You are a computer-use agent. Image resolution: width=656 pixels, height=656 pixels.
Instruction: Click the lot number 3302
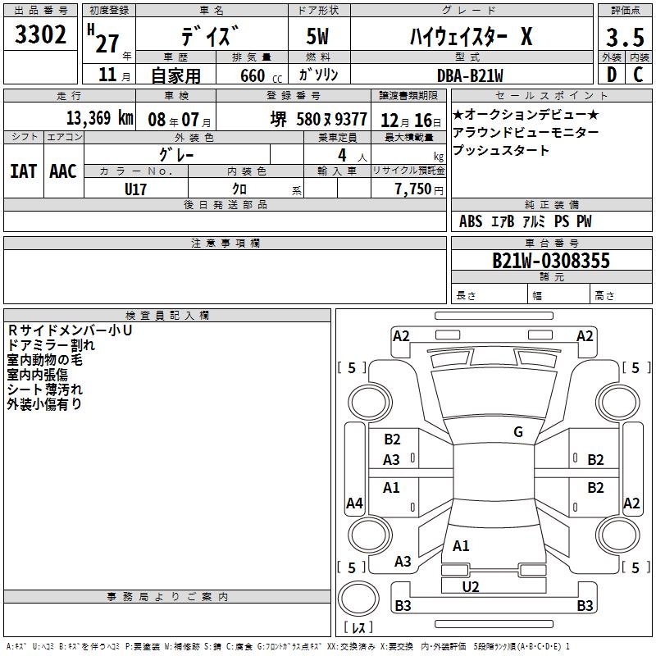coord(40,34)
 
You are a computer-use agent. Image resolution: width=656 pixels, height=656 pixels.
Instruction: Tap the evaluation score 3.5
coord(625,38)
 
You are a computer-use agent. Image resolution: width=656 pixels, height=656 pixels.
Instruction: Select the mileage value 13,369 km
coord(99,118)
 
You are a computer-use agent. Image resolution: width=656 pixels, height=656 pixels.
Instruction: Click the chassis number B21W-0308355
coord(551,260)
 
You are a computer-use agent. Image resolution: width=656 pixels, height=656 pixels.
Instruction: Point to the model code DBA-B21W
coord(470,75)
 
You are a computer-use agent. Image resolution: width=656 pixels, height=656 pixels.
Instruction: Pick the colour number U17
coord(135,189)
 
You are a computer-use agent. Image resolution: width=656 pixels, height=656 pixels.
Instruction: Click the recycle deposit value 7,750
coord(413,189)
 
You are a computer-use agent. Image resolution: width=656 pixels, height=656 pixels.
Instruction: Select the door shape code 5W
coord(317,36)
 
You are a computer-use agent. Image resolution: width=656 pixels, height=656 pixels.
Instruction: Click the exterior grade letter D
coord(612,75)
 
